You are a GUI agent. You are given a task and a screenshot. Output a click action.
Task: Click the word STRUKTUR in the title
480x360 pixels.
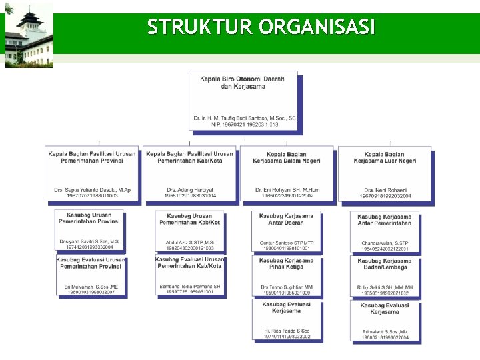tap(200, 27)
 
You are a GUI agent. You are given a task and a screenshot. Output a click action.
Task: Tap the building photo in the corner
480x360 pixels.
tap(28, 36)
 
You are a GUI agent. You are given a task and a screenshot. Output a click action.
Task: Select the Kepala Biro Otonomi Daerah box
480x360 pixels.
tap(243, 101)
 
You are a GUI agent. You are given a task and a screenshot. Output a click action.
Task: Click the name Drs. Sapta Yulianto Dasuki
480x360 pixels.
tap(92, 190)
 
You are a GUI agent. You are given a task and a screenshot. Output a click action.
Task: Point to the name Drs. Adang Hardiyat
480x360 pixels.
tap(190, 190)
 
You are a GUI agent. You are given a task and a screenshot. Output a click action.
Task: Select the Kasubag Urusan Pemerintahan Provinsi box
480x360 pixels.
tap(89, 230)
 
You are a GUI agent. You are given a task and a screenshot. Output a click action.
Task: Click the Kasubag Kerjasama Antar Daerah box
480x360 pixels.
tap(286, 231)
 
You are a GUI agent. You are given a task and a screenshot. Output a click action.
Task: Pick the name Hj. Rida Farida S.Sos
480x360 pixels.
tap(286, 331)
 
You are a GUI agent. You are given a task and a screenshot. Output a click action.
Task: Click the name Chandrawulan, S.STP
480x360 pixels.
tap(385, 243)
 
